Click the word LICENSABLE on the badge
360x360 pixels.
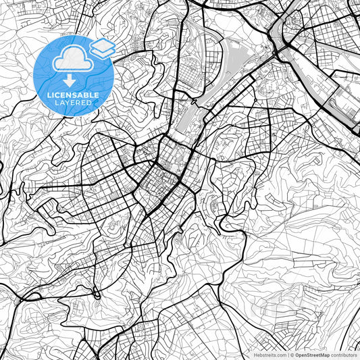[x=74, y=95]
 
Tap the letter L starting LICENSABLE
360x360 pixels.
[x=49, y=95]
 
